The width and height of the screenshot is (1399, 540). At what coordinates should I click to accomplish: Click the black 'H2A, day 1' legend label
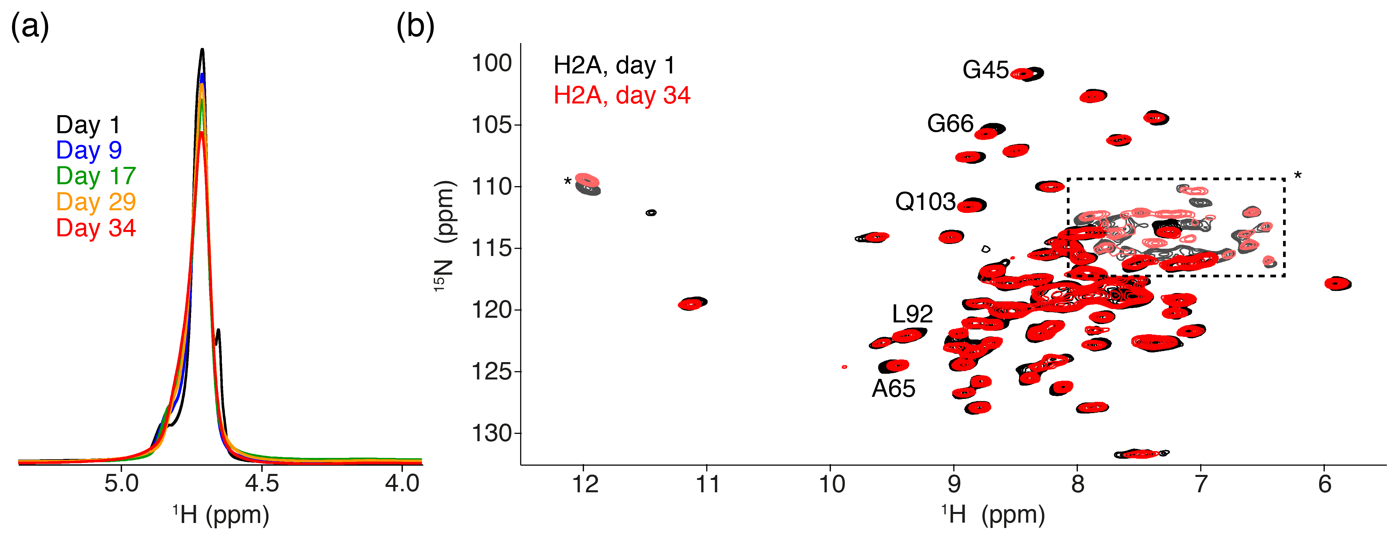click(614, 66)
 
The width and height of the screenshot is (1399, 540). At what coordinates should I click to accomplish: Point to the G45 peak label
click(985, 70)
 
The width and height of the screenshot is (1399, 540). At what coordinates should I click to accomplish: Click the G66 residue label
click(950, 124)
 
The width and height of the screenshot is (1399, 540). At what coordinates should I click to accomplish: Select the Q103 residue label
click(925, 202)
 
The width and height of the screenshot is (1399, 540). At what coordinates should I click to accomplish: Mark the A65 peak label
click(893, 388)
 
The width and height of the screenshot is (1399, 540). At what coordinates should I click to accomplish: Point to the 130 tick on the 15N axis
click(492, 434)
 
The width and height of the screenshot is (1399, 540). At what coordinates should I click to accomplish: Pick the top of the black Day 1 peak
click(202, 50)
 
